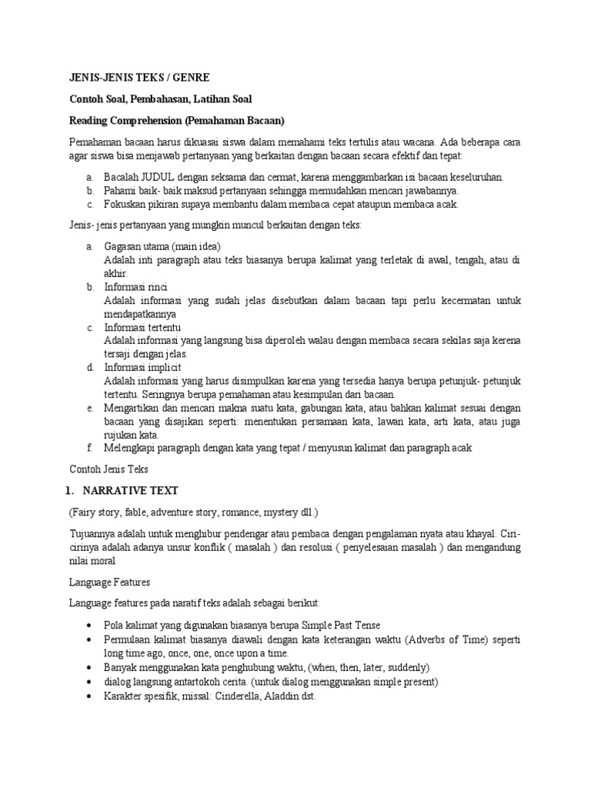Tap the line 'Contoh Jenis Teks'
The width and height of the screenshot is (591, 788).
pos(109,469)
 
